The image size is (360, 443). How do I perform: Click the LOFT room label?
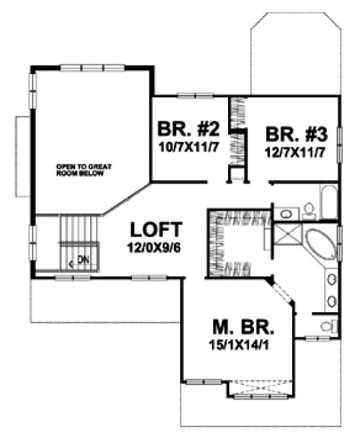pyautogui.click(x=155, y=230)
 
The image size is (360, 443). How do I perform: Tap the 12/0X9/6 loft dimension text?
pyautogui.click(x=155, y=246)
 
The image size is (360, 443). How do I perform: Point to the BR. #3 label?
pyautogui.click(x=296, y=134)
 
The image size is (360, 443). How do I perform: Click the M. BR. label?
pyautogui.click(x=243, y=328)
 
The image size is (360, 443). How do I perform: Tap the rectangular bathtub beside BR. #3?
pyautogui.click(x=327, y=200)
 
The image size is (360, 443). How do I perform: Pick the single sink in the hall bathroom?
pyautogui.click(x=287, y=213)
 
